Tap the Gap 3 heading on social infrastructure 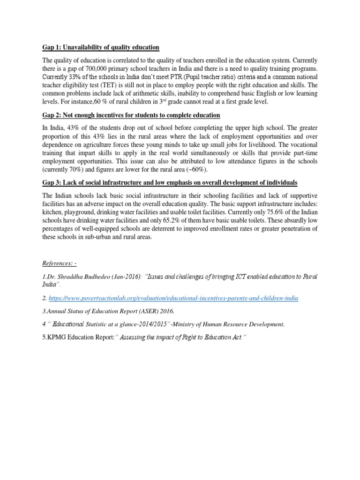[173, 182]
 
